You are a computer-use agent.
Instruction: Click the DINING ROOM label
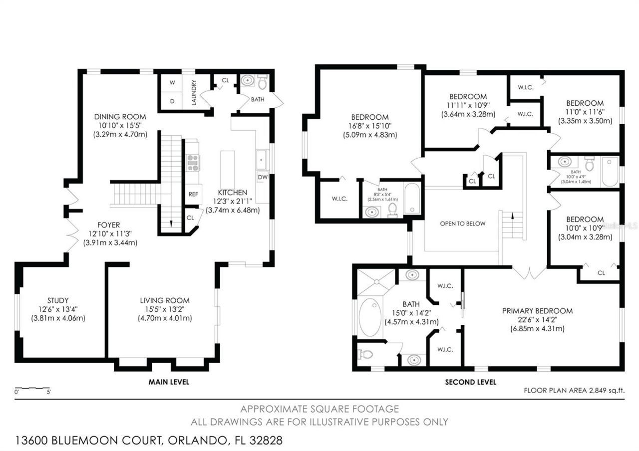coord(120,117)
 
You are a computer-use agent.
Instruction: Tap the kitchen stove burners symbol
coord(193,163)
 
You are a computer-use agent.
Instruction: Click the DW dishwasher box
coord(263,177)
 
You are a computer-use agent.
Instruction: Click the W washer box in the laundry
coord(172,83)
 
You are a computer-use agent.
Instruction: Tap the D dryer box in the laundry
coord(172,101)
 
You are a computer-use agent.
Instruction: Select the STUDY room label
coord(58,300)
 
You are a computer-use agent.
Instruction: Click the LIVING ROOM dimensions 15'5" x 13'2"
coord(164,309)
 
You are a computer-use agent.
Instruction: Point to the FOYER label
coord(108,225)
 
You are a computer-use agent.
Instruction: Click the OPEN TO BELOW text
coord(462,224)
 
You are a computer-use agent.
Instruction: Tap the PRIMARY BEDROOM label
coord(537,311)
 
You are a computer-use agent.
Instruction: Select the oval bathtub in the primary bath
coord(370,317)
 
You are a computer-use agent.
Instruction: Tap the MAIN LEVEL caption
coord(169,382)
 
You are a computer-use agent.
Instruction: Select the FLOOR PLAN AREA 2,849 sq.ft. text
coord(574,391)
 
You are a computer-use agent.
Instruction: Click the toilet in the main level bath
coord(263,81)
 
